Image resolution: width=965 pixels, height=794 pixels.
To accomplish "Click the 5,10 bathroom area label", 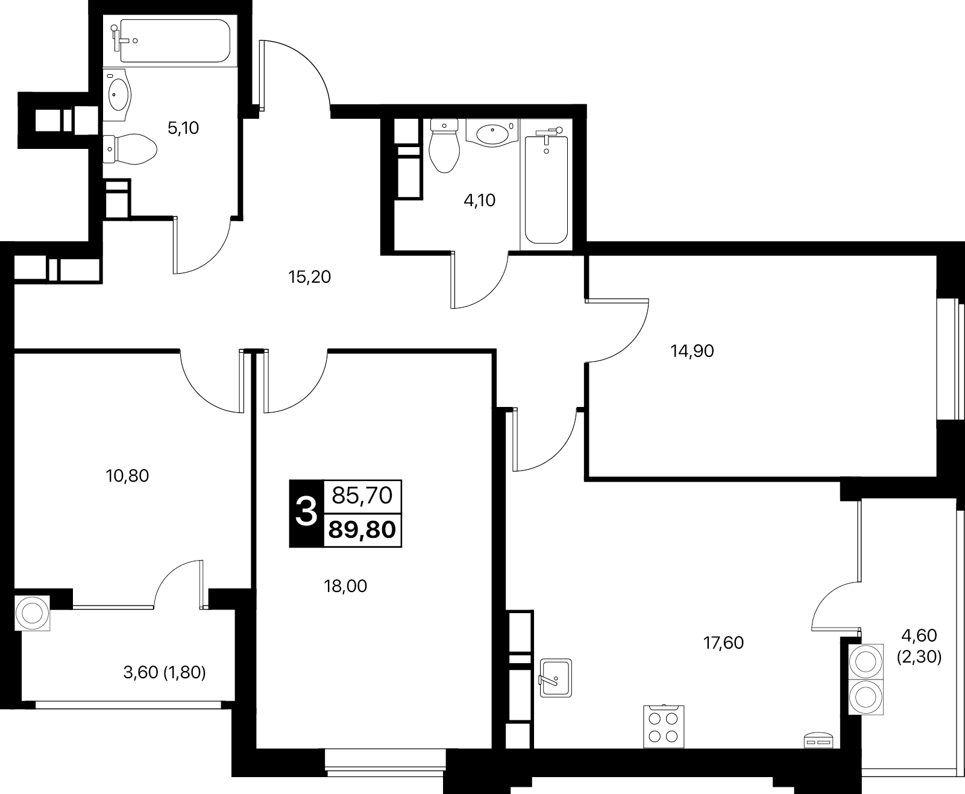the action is (183, 128).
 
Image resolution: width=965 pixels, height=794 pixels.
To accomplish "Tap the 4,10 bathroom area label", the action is (480, 200).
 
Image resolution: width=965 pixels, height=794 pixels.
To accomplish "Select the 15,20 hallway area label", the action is (309, 277).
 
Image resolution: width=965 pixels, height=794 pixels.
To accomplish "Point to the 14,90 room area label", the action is (692, 351).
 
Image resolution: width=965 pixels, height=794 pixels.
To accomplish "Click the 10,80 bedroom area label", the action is (127, 476).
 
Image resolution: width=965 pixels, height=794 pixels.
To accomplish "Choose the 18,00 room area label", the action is (345, 586).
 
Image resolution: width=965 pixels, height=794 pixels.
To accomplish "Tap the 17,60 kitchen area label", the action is (723, 643).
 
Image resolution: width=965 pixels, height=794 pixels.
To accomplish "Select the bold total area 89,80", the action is (362, 529).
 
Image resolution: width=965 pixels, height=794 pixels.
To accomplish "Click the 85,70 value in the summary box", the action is (362, 495).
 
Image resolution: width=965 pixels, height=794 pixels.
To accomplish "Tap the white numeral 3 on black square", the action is (306, 512).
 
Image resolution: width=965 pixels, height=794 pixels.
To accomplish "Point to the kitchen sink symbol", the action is (556, 678).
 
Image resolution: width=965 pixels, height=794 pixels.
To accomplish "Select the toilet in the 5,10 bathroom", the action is (130, 149).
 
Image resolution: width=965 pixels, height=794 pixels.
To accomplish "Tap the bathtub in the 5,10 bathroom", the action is (170, 41).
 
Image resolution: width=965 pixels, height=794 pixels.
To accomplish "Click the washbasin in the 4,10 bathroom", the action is (492, 133).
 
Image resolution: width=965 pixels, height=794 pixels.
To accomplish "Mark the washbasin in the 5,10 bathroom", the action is (117, 95).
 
